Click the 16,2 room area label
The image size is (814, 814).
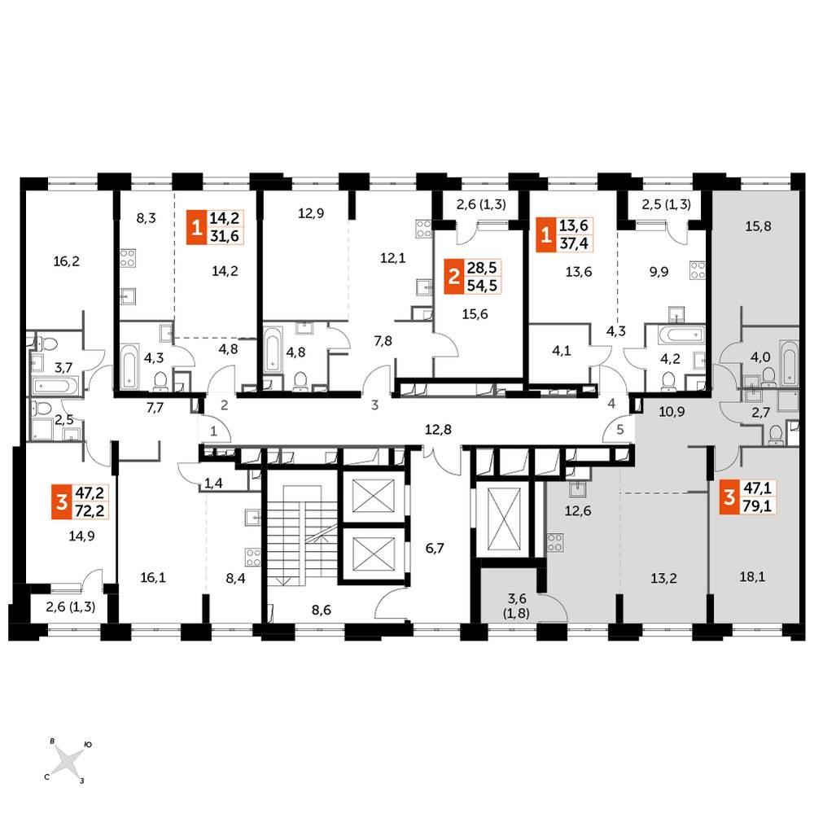point(67,261)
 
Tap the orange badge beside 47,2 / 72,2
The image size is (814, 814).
point(62,502)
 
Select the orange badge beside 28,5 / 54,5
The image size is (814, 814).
point(453,276)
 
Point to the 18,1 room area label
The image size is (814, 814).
point(751,576)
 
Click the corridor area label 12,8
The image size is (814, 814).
point(438,429)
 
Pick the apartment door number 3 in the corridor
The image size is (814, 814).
point(374,405)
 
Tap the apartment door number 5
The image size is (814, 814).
point(619,430)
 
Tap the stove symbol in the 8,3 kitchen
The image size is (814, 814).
point(128,258)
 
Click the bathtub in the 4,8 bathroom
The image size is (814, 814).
point(273,349)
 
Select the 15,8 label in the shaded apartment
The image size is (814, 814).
point(758,226)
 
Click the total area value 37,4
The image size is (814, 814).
point(574,243)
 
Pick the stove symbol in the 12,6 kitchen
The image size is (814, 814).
point(555,542)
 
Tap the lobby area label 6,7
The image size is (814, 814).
point(435,548)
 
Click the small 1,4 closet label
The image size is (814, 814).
point(212,484)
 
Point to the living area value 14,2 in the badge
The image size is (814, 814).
point(225,218)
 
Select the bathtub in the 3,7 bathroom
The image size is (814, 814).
point(55,386)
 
